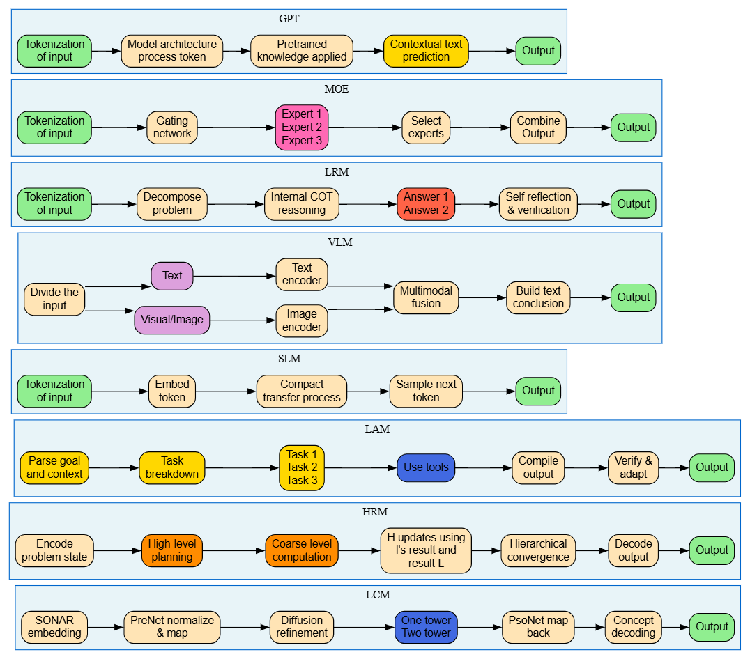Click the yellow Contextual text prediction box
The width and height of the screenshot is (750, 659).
pyautogui.click(x=426, y=51)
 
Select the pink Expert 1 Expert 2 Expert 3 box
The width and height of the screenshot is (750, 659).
pyautogui.click(x=302, y=127)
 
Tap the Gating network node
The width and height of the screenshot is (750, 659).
pyautogui.click(x=172, y=127)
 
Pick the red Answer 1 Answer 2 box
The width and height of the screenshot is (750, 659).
pyautogui.click(x=426, y=204)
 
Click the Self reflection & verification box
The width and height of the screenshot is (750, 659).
pyautogui.click(x=538, y=204)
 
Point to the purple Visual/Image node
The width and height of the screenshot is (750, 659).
pyautogui.click(x=172, y=320)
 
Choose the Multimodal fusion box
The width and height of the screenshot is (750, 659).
pyautogui.click(x=426, y=297)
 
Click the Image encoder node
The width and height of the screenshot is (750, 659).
pyautogui.click(x=302, y=320)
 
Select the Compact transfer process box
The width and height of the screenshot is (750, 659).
pyautogui.click(x=302, y=391)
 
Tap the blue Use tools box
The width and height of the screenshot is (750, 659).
pyautogui.click(x=426, y=467)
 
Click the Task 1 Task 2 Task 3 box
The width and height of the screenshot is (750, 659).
pyautogui.click(x=302, y=468)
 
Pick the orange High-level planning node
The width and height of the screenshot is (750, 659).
pyautogui.click(x=172, y=550)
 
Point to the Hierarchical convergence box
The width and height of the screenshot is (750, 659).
pyautogui.click(x=538, y=550)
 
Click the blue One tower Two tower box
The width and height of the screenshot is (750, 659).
pyautogui.click(x=426, y=627)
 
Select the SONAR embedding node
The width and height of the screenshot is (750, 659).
pyautogui.click(x=54, y=627)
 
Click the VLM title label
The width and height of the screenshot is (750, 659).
pyautogui.click(x=340, y=242)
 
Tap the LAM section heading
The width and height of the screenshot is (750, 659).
pyautogui.click(x=377, y=429)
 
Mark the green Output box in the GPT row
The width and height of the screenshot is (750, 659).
pyautogui.click(x=538, y=51)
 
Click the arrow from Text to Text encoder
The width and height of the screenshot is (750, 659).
pyautogui.click(x=234, y=276)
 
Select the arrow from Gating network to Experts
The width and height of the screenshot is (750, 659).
pyautogui.click(x=236, y=127)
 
